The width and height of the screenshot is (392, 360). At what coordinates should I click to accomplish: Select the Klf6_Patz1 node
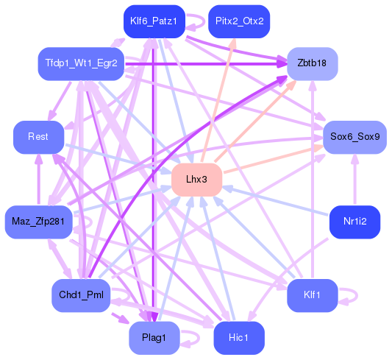tap(153, 21)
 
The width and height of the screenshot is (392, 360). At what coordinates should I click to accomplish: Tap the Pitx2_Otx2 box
tap(239, 21)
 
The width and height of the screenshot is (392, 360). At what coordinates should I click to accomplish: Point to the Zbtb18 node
tap(312, 63)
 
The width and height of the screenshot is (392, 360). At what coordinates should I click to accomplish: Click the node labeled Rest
tap(38, 138)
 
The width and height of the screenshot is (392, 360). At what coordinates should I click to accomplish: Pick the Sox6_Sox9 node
tap(354, 138)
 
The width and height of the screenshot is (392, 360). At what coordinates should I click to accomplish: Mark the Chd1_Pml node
tap(81, 296)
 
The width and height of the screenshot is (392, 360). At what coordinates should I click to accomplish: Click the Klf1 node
tap(313, 296)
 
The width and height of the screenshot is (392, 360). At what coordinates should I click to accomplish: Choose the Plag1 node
tap(154, 338)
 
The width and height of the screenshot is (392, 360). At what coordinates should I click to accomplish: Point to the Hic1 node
tap(238, 338)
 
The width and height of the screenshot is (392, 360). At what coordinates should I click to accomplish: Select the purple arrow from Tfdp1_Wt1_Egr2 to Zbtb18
tap(206, 64)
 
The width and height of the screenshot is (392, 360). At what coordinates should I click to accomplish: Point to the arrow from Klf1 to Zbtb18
tap(313, 184)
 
